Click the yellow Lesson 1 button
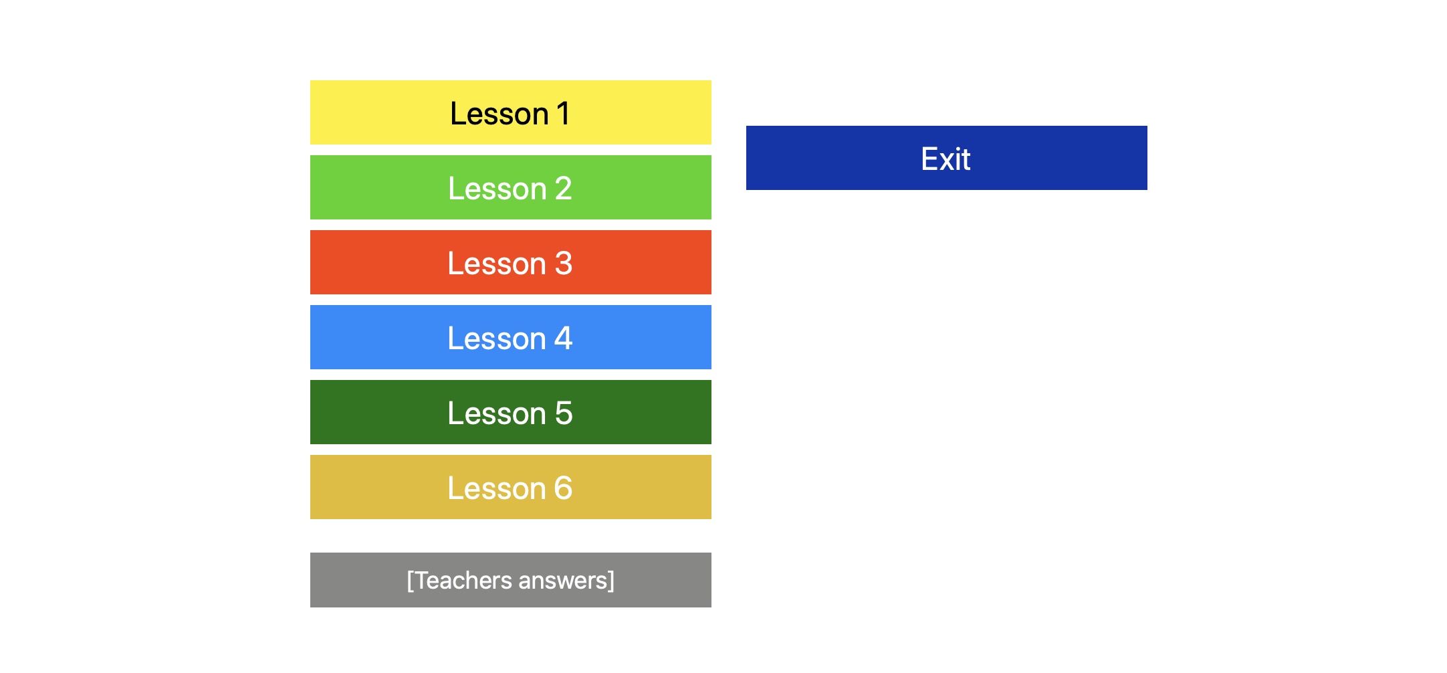click(x=510, y=112)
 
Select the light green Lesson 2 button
click(x=510, y=187)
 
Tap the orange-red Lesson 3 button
click(x=510, y=262)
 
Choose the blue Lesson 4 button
click(x=510, y=337)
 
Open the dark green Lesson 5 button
click(x=510, y=412)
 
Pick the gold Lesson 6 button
click(x=510, y=487)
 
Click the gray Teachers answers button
click(x=510, y=580)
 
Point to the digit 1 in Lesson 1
click(x=563, y=114)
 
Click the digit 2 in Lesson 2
click(x=564, y=189)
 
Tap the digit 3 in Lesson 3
click(x=564, y=264)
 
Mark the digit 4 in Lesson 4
click(x=564, y=339)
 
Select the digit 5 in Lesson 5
click(x=564, y=413)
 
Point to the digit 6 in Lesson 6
click(x=564, y=488)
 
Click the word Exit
click(x=945, y=159)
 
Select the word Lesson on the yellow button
click(x=499, y=114)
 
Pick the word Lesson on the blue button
click(x=497, y=339)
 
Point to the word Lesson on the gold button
click(x=497, y=488)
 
